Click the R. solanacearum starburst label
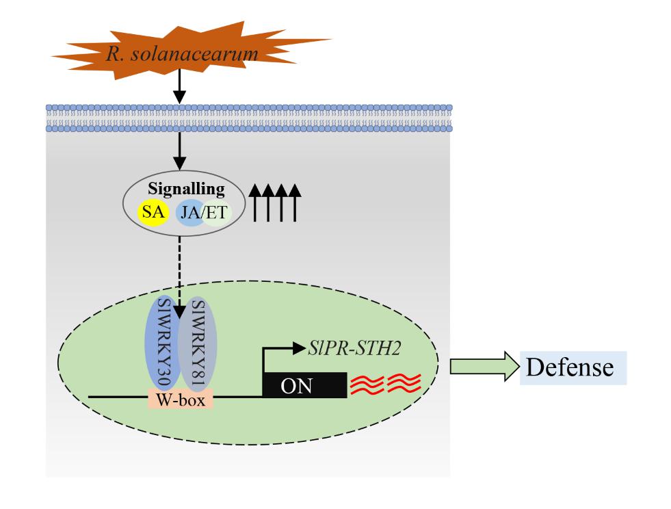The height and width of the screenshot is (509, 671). coord(183,54)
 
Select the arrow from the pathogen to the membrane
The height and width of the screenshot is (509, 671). coord(179,86)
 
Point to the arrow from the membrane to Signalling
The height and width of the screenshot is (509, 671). coord(179,151)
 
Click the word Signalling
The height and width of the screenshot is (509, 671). coord(186,189)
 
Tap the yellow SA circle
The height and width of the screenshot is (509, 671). coord(153,212)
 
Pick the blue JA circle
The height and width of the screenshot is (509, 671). coord(190,212)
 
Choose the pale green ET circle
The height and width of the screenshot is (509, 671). coord(217,212)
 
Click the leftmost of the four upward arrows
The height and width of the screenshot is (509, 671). coord(255,203)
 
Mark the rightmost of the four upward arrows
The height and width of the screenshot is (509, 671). coord(295,203)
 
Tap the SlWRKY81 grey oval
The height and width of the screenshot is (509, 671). coord(197,343)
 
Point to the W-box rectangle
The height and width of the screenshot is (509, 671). coord(180,399)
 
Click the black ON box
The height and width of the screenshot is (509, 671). coord(304,385)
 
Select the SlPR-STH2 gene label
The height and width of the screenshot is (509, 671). coord(354,348)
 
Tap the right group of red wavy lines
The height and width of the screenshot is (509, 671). coord(404,382)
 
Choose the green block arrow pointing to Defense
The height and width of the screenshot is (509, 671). coord(484,367)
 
